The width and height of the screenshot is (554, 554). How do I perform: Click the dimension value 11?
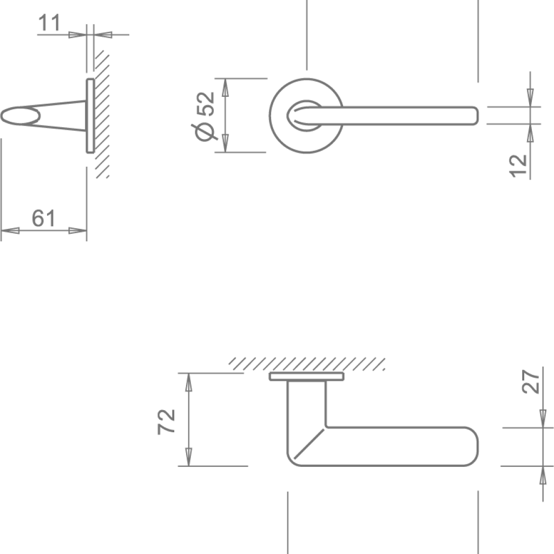49,24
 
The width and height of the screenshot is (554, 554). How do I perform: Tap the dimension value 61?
43,219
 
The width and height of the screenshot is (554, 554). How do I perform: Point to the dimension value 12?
518,166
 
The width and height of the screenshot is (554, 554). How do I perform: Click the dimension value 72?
167,421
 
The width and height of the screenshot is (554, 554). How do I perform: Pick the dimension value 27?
531,381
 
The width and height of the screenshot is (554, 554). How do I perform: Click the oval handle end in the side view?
22,116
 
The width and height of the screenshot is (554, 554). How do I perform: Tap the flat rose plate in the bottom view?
306,377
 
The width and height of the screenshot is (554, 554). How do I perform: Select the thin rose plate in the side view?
90,116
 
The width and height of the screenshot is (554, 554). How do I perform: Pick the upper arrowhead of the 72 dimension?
188,381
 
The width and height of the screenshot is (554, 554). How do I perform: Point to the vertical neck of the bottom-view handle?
306,406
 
